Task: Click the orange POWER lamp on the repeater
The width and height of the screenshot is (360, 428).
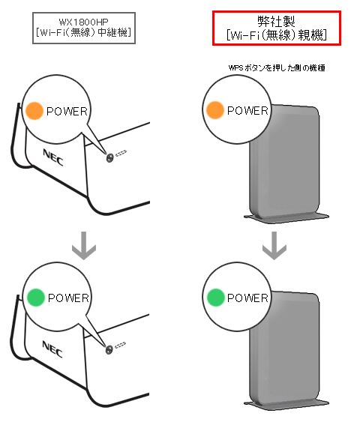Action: point(34,111)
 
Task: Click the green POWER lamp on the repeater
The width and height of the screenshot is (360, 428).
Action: point(34,298)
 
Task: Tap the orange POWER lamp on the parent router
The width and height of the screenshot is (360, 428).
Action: point(214,110)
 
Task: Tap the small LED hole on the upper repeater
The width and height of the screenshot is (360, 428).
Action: point(111,157)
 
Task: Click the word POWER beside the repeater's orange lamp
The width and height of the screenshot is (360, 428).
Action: point(67,111)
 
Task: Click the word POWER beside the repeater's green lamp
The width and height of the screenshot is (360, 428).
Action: point(68,298)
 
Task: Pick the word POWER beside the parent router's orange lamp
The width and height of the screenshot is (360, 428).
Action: point(248,110)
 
